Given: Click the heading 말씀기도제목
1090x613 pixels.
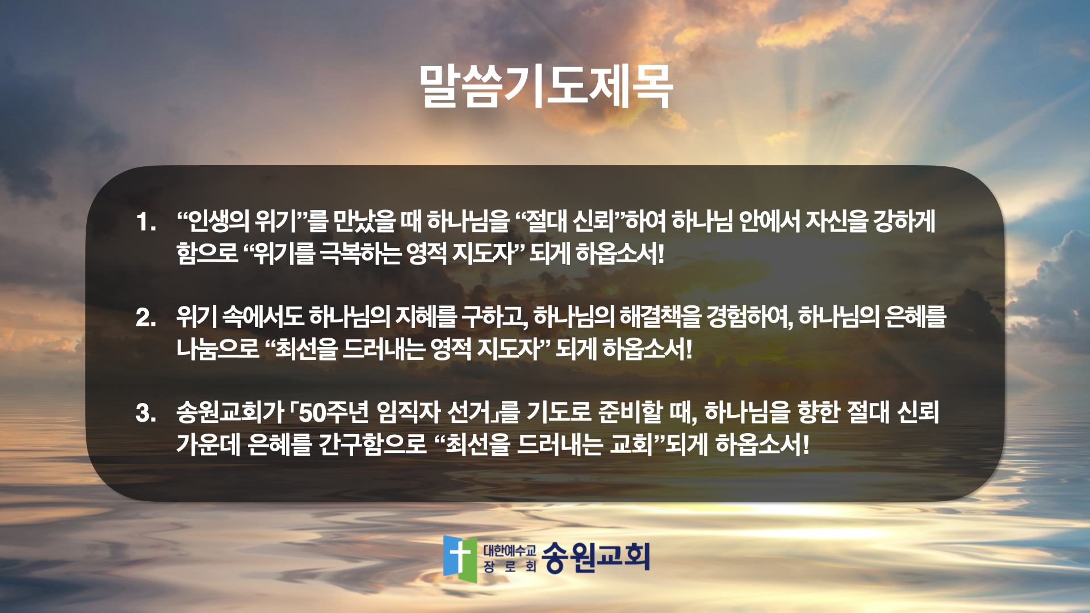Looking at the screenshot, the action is [x=546, y=86].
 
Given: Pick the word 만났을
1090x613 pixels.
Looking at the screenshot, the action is [x=364, y=221].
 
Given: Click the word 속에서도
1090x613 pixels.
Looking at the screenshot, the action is [x=263, y=317].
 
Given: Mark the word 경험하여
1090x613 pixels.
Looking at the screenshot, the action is [x=749, y=317].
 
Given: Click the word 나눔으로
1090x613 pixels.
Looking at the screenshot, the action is [x=217, y=349].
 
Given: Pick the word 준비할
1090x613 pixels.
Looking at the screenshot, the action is [x=630, y=412].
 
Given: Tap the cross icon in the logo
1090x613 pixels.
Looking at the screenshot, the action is [x=459, y=556].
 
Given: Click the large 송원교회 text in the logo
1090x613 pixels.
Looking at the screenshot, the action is [x=596, y=557].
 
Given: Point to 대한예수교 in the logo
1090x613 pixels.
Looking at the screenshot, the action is [x=509, y=550].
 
